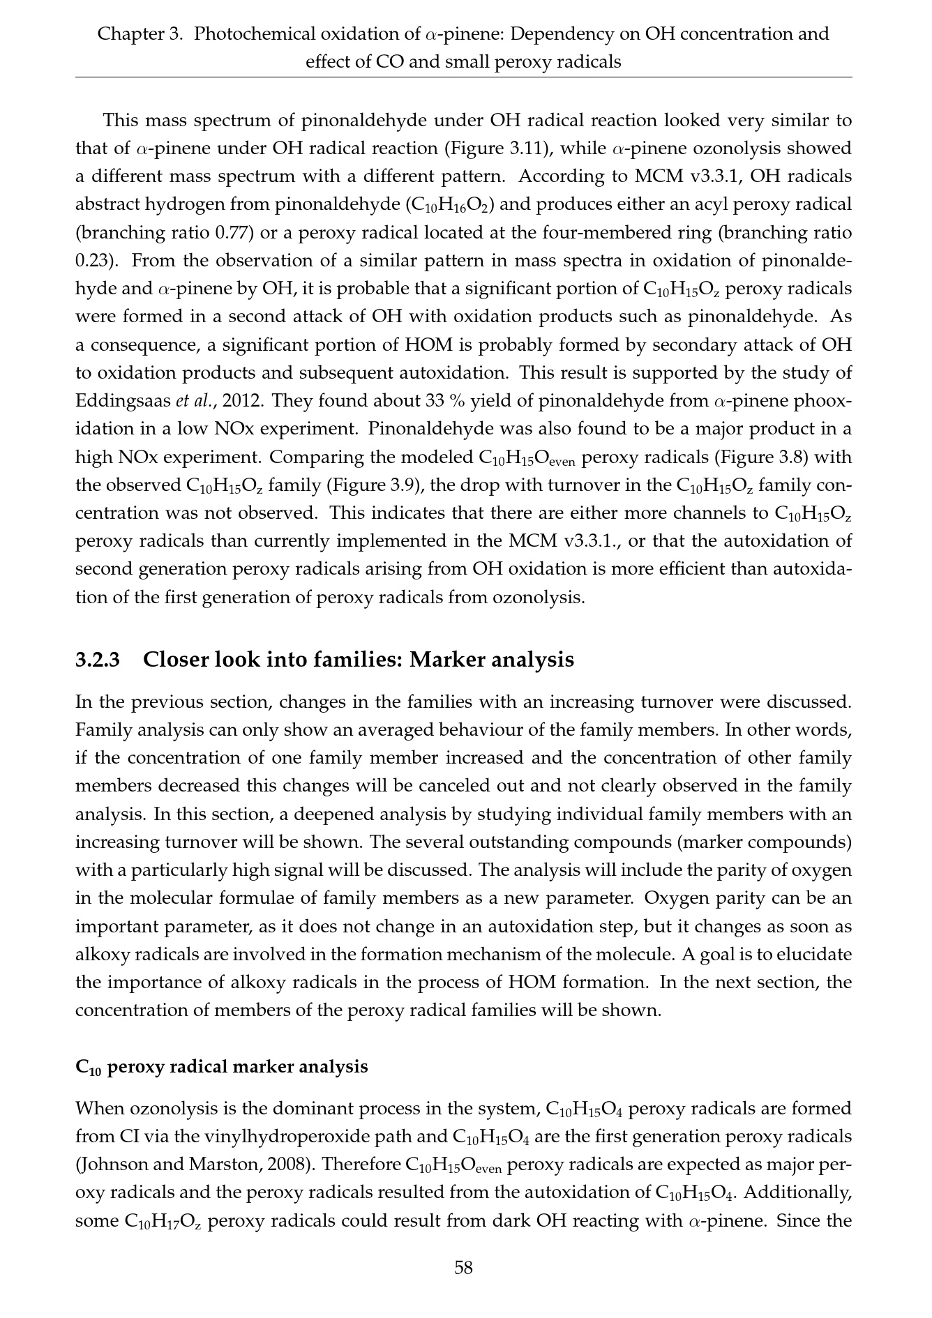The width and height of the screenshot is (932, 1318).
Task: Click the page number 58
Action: tap(464, 1267)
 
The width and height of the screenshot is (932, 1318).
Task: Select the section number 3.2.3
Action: tap(98, 659)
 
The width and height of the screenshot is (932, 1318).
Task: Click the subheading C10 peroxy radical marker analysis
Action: tap(221, 1067)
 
